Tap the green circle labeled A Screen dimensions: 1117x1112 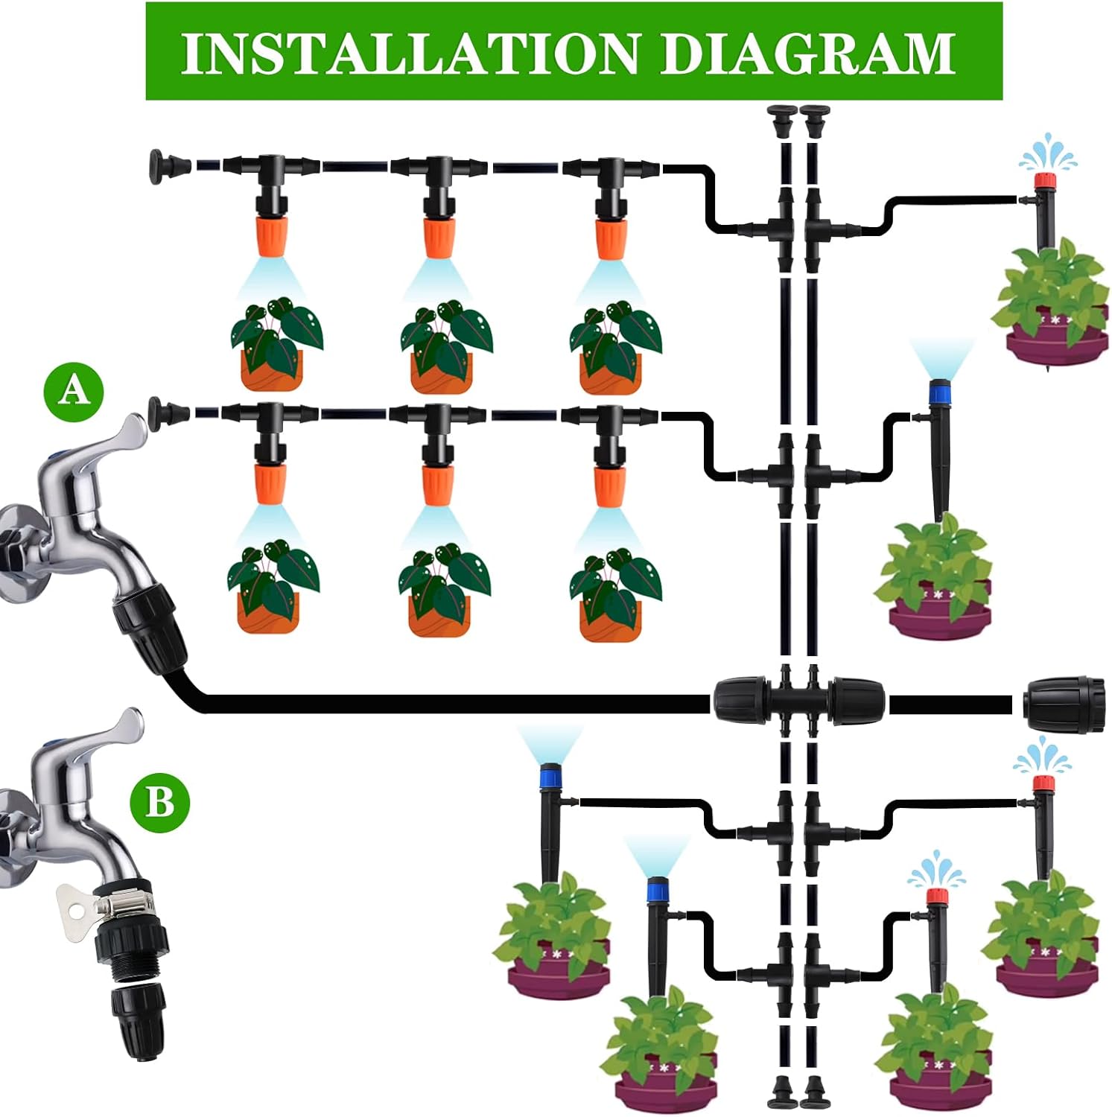[73, 389]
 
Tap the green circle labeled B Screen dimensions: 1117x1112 [160, 803]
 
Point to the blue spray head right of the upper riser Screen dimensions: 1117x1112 [939, 390]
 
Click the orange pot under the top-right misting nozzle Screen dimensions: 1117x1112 [610, 372]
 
